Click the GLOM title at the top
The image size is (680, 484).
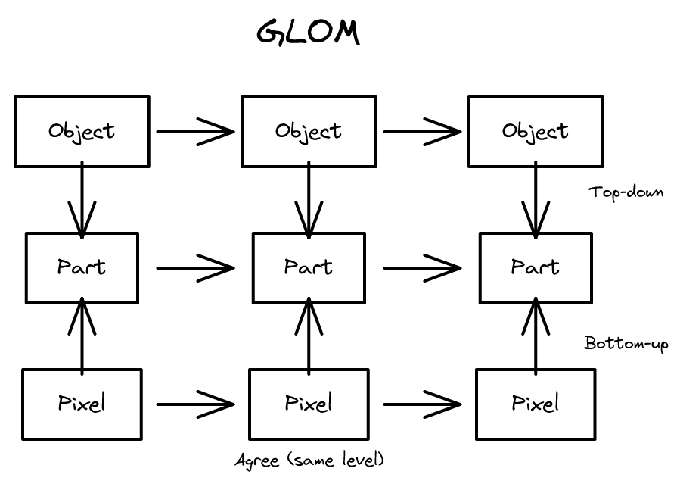pos(308,33)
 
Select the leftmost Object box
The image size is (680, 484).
pos(82,131)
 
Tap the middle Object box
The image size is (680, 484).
pos(309,131)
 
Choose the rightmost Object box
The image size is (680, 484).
pos(536,131)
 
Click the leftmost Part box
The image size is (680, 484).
pos(82,267)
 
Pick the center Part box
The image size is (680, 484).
pos(309,267)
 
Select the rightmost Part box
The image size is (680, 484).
pos(536,267)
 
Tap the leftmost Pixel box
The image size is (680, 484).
pos(82,404)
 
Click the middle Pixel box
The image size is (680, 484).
pos(309,404)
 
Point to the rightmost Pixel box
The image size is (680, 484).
pos(536,404)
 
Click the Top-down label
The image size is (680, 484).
pos(626,192)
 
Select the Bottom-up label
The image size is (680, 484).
pos(626,343)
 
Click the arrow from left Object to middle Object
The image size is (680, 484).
pos(195,131)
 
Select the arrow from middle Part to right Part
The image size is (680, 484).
pos(422,267)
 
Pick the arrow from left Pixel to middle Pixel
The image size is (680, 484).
pos(195,404)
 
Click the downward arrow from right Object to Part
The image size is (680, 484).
pos(536,201)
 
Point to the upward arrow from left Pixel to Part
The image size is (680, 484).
pos(82,333)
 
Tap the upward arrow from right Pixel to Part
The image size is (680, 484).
pos(536,333)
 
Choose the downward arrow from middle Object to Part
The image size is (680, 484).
pos(309,201)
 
